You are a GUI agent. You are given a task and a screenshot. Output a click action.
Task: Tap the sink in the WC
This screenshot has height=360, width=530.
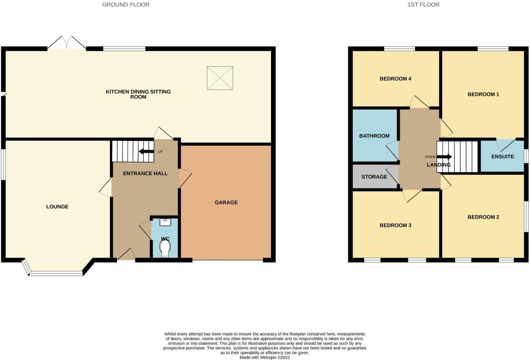[165, 222]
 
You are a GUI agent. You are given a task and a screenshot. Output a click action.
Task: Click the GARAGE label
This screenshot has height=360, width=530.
[226, 202]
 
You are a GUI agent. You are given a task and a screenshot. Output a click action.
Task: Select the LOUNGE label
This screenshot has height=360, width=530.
[57, 207]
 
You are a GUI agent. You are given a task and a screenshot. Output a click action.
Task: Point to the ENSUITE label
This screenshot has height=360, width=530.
[502, 156]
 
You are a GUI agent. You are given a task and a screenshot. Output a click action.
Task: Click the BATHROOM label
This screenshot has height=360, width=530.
[374, 136]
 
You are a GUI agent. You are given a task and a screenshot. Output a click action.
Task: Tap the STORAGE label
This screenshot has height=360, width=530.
[374, 177]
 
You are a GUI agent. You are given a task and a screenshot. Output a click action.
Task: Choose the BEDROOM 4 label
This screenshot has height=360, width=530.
[395, 79]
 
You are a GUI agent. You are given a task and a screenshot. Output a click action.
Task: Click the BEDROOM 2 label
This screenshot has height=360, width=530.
[483, 217]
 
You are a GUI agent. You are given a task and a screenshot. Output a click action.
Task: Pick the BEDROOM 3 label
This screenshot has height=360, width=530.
[395, 225]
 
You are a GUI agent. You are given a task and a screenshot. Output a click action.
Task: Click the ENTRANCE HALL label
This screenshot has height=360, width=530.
[145, 173]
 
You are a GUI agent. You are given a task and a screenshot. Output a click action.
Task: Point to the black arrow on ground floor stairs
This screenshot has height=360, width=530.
[146, 151]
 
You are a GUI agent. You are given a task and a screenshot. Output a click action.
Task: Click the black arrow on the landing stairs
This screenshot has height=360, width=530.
[444, 156]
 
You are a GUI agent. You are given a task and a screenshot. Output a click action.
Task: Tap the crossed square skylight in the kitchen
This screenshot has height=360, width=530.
[220, 78]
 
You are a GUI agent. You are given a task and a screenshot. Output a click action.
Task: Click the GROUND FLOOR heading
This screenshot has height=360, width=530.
[126, 4]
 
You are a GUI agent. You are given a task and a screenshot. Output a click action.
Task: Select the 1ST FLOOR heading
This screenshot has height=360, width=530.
[423, 4]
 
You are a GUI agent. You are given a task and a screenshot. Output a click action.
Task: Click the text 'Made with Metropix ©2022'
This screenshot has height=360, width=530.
[264, 357]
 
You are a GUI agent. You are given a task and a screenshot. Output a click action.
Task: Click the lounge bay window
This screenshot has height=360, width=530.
[55, 273]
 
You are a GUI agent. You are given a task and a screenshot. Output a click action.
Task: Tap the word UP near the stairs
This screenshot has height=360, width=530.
[160, 152]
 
